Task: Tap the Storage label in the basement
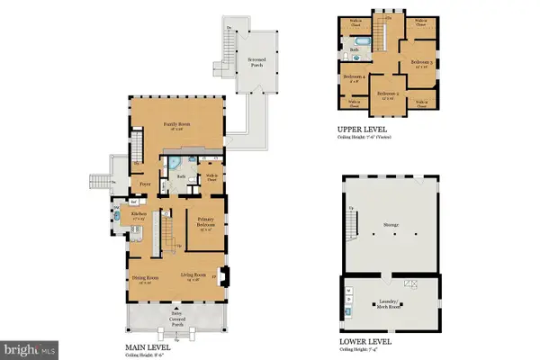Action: tap(391, 226)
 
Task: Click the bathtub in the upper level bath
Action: tap(358, 42)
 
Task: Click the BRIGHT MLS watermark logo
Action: tap(29, 346)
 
